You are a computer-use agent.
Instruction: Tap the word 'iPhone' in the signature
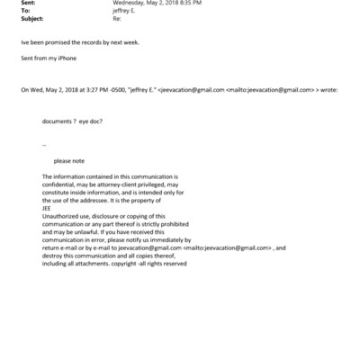coord(67,57)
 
